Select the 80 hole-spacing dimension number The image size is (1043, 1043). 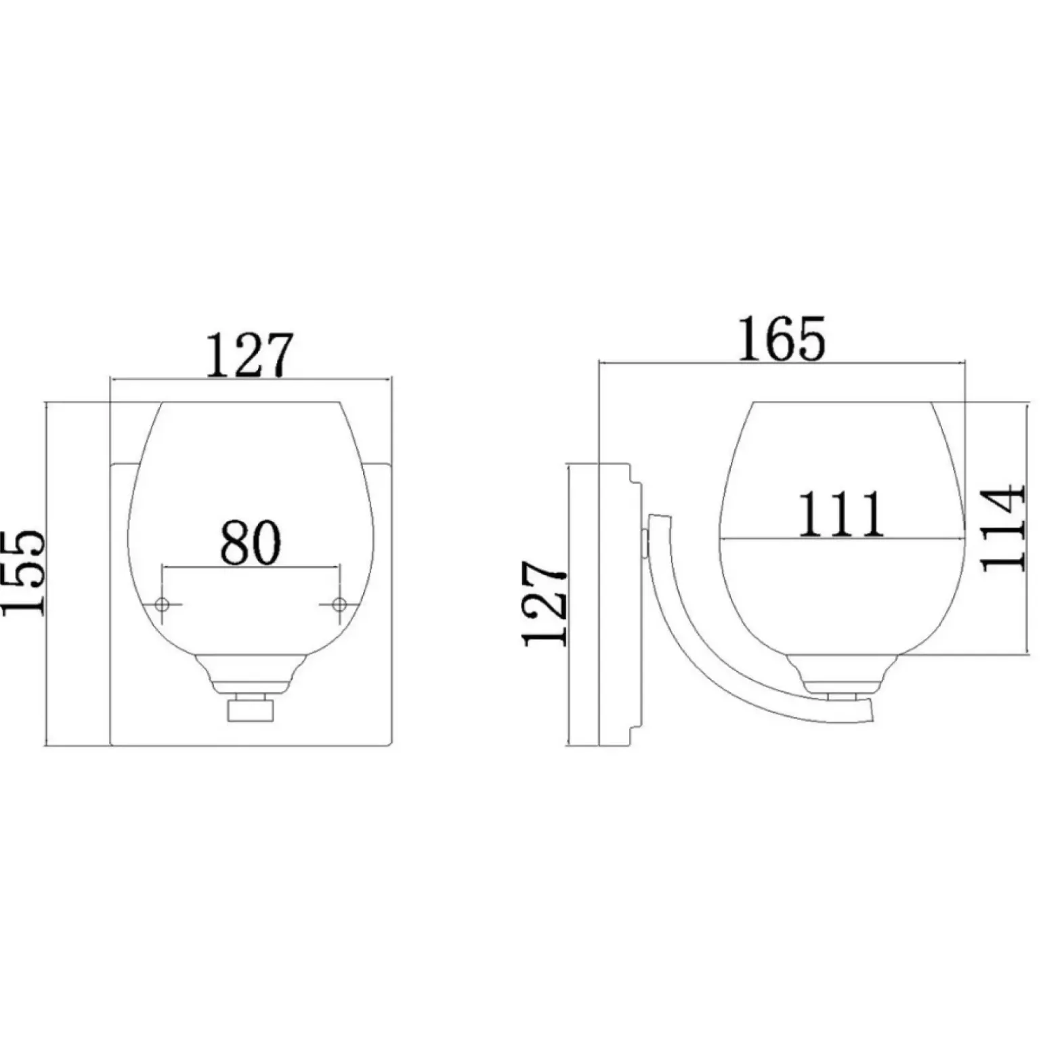click(250, 542)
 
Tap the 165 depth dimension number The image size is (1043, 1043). click(782, 338)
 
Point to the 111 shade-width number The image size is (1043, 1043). click(842, 513)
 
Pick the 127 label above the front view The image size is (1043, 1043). click(250, 355)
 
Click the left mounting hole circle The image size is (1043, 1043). click(162, 604)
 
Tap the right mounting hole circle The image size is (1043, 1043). click(339, 603)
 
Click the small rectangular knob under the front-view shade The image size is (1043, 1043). click(250, 711)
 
